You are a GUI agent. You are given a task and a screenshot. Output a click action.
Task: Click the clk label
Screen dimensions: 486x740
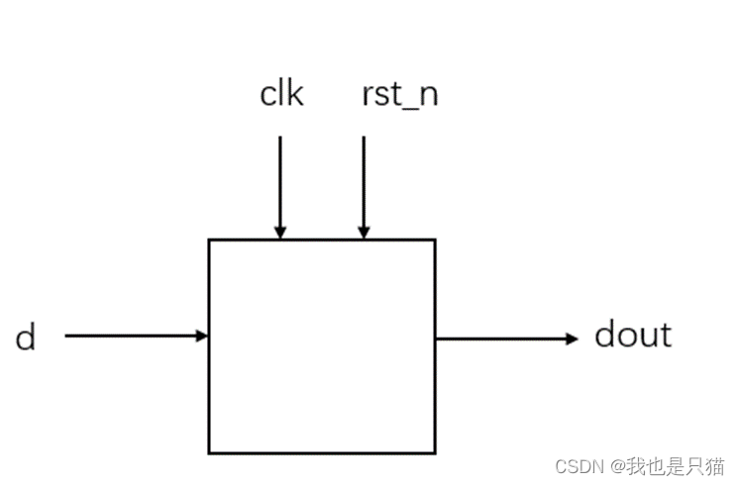[x=281, y=95]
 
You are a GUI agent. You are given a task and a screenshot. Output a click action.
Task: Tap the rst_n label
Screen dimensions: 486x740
[x=400, y=96]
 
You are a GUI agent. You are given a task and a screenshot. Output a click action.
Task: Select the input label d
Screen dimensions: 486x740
[x=26, y=339]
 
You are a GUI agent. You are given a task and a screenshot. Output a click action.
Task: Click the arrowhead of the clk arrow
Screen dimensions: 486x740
[x=280, y=232]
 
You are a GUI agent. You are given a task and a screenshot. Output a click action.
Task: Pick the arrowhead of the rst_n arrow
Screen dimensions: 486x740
[x=364, y=232]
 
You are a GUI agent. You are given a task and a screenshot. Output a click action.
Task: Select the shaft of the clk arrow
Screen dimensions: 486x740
[x=280, y=183]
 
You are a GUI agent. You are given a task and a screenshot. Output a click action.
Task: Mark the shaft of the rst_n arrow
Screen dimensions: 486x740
[x=364, y=183]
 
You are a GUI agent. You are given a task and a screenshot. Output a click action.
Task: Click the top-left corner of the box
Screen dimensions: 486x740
[x=209, y=240]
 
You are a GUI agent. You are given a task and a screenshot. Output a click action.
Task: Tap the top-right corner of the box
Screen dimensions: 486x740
[x=435, y=240]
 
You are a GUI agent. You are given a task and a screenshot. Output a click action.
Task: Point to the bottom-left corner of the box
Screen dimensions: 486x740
[x=209, y=453]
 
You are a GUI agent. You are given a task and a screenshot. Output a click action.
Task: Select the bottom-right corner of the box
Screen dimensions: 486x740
[x=435, y=453]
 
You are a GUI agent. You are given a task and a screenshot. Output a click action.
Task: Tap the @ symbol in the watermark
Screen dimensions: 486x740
[x=616, y=465]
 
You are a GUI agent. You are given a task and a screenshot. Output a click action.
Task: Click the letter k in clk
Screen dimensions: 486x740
[x=294, y=95]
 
